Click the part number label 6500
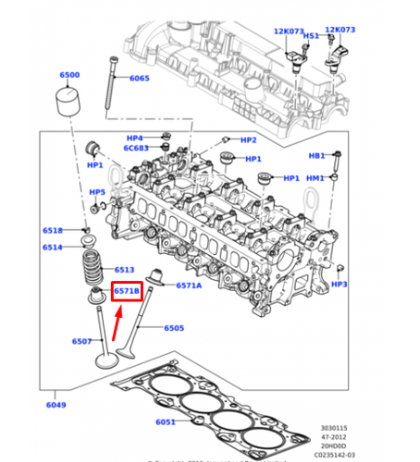click(x=69, y=75)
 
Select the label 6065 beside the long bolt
click(x=139, y=79)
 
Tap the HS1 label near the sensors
click(x=311, y=36)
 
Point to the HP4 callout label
click(x=136, y=138)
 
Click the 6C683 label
click(x=135, y=149)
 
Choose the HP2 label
click(x=248, y=140)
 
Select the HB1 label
click(x=316, y=156)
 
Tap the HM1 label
click(x=315, y=178)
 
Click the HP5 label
click(x=97, y=192)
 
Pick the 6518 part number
click(x=53, y=231)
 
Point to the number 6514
click(x=53, y=247)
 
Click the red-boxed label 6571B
click(x=126, y=292)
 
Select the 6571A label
click(x=189, y=286)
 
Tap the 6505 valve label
click(x=174, y=328)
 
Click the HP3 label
click(x=339, y=285)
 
